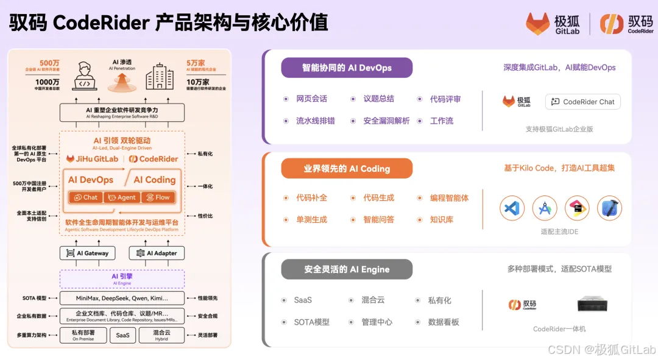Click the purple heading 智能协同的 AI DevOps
point(347,68)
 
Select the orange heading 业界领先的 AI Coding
point(347,169)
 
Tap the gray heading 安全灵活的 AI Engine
point(347,269)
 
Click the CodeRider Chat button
point(583,102)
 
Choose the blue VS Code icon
point(512,208)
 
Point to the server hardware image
point(593,304)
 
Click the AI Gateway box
point(88,253)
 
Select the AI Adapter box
point(157,253)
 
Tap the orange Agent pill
point(122,197)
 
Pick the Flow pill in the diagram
point(158,197)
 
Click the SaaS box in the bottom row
point(122,335)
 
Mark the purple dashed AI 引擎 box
point(122,279)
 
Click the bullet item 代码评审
point(445,99)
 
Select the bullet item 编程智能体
point(449,197)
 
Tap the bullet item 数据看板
point(444,322)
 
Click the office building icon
point(159,77)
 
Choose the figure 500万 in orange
point(49,63)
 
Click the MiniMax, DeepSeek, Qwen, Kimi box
point(122,298)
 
